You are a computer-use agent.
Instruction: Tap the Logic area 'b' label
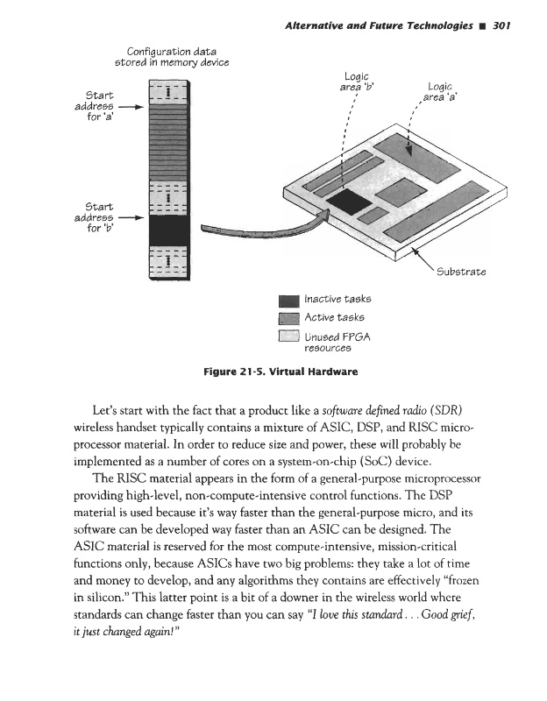356,81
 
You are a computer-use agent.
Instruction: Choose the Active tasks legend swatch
289,318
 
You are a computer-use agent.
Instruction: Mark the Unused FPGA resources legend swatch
289,338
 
